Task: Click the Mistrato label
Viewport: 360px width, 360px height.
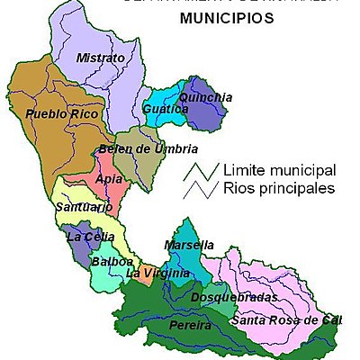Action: pyautogui.click(x=100, y=58)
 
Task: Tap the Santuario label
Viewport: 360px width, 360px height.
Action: pyautogui.click(x=84, y=208)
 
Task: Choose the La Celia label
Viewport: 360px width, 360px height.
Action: pyautogui.click(x=87, y=238)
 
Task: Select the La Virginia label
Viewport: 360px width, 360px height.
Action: pyautogui.click(x=157, y=274)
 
